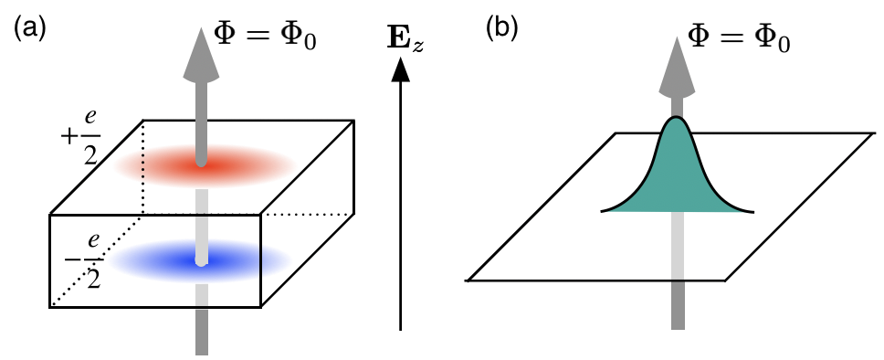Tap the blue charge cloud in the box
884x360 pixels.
pyautogui.click(x=199, y=259)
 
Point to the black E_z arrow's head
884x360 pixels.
pyautogui.click(x=400, y=69)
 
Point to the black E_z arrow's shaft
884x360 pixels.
pyautogui.click(x=400, y=201)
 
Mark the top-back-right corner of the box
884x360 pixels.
pyautogui.click(x=353, y=121)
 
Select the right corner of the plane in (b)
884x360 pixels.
pyautogui.click(x=870, y=133)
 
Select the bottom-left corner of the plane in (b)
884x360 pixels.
pyautogui.click(x=468, y=279)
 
